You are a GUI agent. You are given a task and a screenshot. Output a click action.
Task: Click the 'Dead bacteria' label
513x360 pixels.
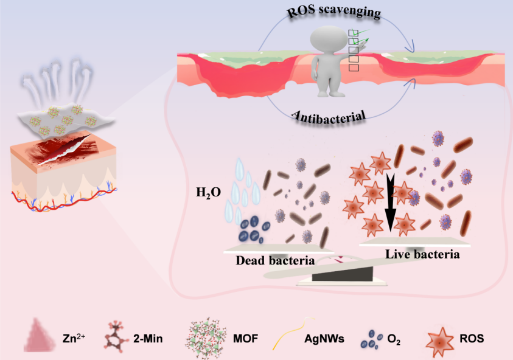click(276, 261)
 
